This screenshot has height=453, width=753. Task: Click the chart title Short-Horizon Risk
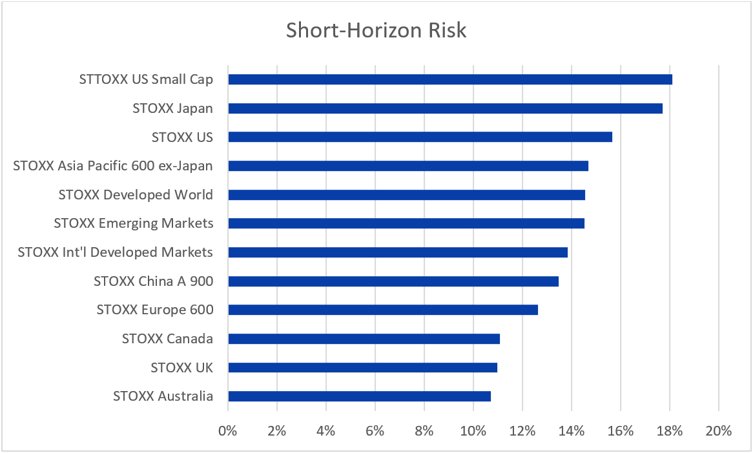[376, 30]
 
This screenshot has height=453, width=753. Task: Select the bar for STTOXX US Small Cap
[450, 79]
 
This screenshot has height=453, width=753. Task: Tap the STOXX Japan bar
[445, 108]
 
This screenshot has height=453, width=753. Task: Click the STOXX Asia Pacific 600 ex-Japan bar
[408, 166]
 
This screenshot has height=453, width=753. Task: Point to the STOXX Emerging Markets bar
[406, 223]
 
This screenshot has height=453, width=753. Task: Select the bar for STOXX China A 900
[393, 281]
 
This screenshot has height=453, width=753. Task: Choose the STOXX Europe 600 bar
[383, 310]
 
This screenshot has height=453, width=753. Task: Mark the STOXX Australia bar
[359, 396]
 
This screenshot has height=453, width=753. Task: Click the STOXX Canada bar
[364, 339]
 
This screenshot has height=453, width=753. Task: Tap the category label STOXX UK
[181, 368]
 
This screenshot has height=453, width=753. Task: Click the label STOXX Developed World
[136, 195]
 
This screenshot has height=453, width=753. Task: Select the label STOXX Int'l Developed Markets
[116, 252]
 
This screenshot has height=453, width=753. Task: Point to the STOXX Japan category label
[172, 108]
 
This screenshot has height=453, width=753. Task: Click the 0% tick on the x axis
[228, 430]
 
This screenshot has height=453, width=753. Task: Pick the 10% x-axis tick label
[473, 430]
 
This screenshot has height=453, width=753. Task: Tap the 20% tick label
[719, 430]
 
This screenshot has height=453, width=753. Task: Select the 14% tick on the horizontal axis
[572, 430]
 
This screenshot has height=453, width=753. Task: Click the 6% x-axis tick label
[375, 430]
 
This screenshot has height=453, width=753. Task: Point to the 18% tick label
[670, 430]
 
